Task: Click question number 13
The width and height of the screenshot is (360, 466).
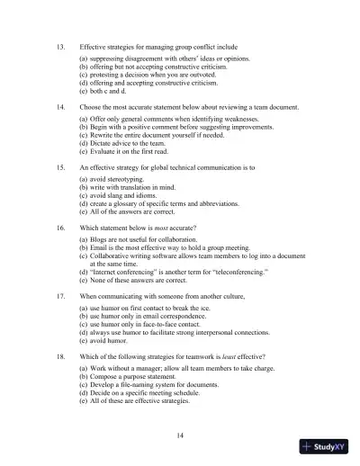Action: tap(60, 44)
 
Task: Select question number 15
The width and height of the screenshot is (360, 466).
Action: tap(60, 167)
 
